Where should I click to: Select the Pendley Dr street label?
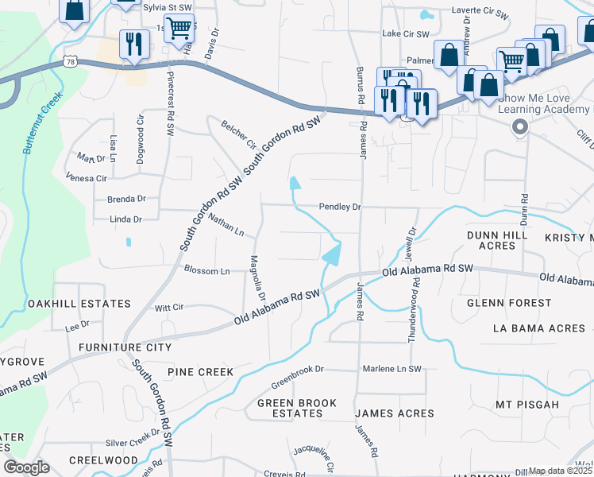340,207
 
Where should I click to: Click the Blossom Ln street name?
206,271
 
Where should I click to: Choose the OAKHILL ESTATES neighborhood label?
79,304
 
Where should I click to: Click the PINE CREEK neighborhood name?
200,372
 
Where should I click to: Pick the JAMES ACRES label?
394,413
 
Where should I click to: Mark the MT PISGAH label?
526,405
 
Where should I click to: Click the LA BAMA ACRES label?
539,328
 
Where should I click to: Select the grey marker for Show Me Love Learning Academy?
520,127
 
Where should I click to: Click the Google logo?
27,467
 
